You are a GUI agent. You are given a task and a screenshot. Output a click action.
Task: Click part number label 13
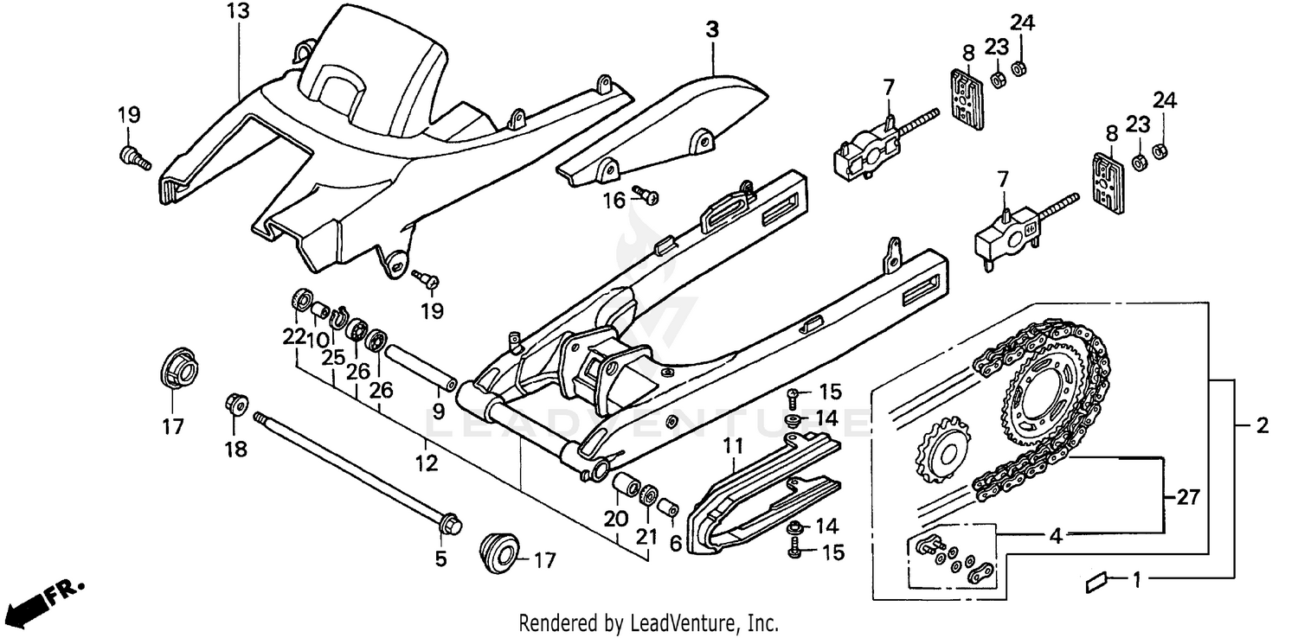tap(237, 11)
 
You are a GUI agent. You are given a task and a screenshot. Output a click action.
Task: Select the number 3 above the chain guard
tap(711, 29)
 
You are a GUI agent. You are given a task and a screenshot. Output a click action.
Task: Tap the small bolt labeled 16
tap(646, 195)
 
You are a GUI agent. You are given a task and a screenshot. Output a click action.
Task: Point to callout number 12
tap(426, 464)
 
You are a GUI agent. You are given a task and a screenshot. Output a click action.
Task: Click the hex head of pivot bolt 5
tap(450, 524)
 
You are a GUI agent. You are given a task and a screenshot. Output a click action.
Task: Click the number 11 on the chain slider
tap(734, 446)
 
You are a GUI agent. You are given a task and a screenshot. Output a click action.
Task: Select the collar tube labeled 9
tap(421, 368)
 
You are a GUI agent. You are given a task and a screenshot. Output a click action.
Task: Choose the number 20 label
tap(615, 519)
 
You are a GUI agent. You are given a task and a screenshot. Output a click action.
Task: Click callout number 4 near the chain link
tap(1055, 536)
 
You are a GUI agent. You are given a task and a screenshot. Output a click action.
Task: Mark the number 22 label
tap(295, 336)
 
